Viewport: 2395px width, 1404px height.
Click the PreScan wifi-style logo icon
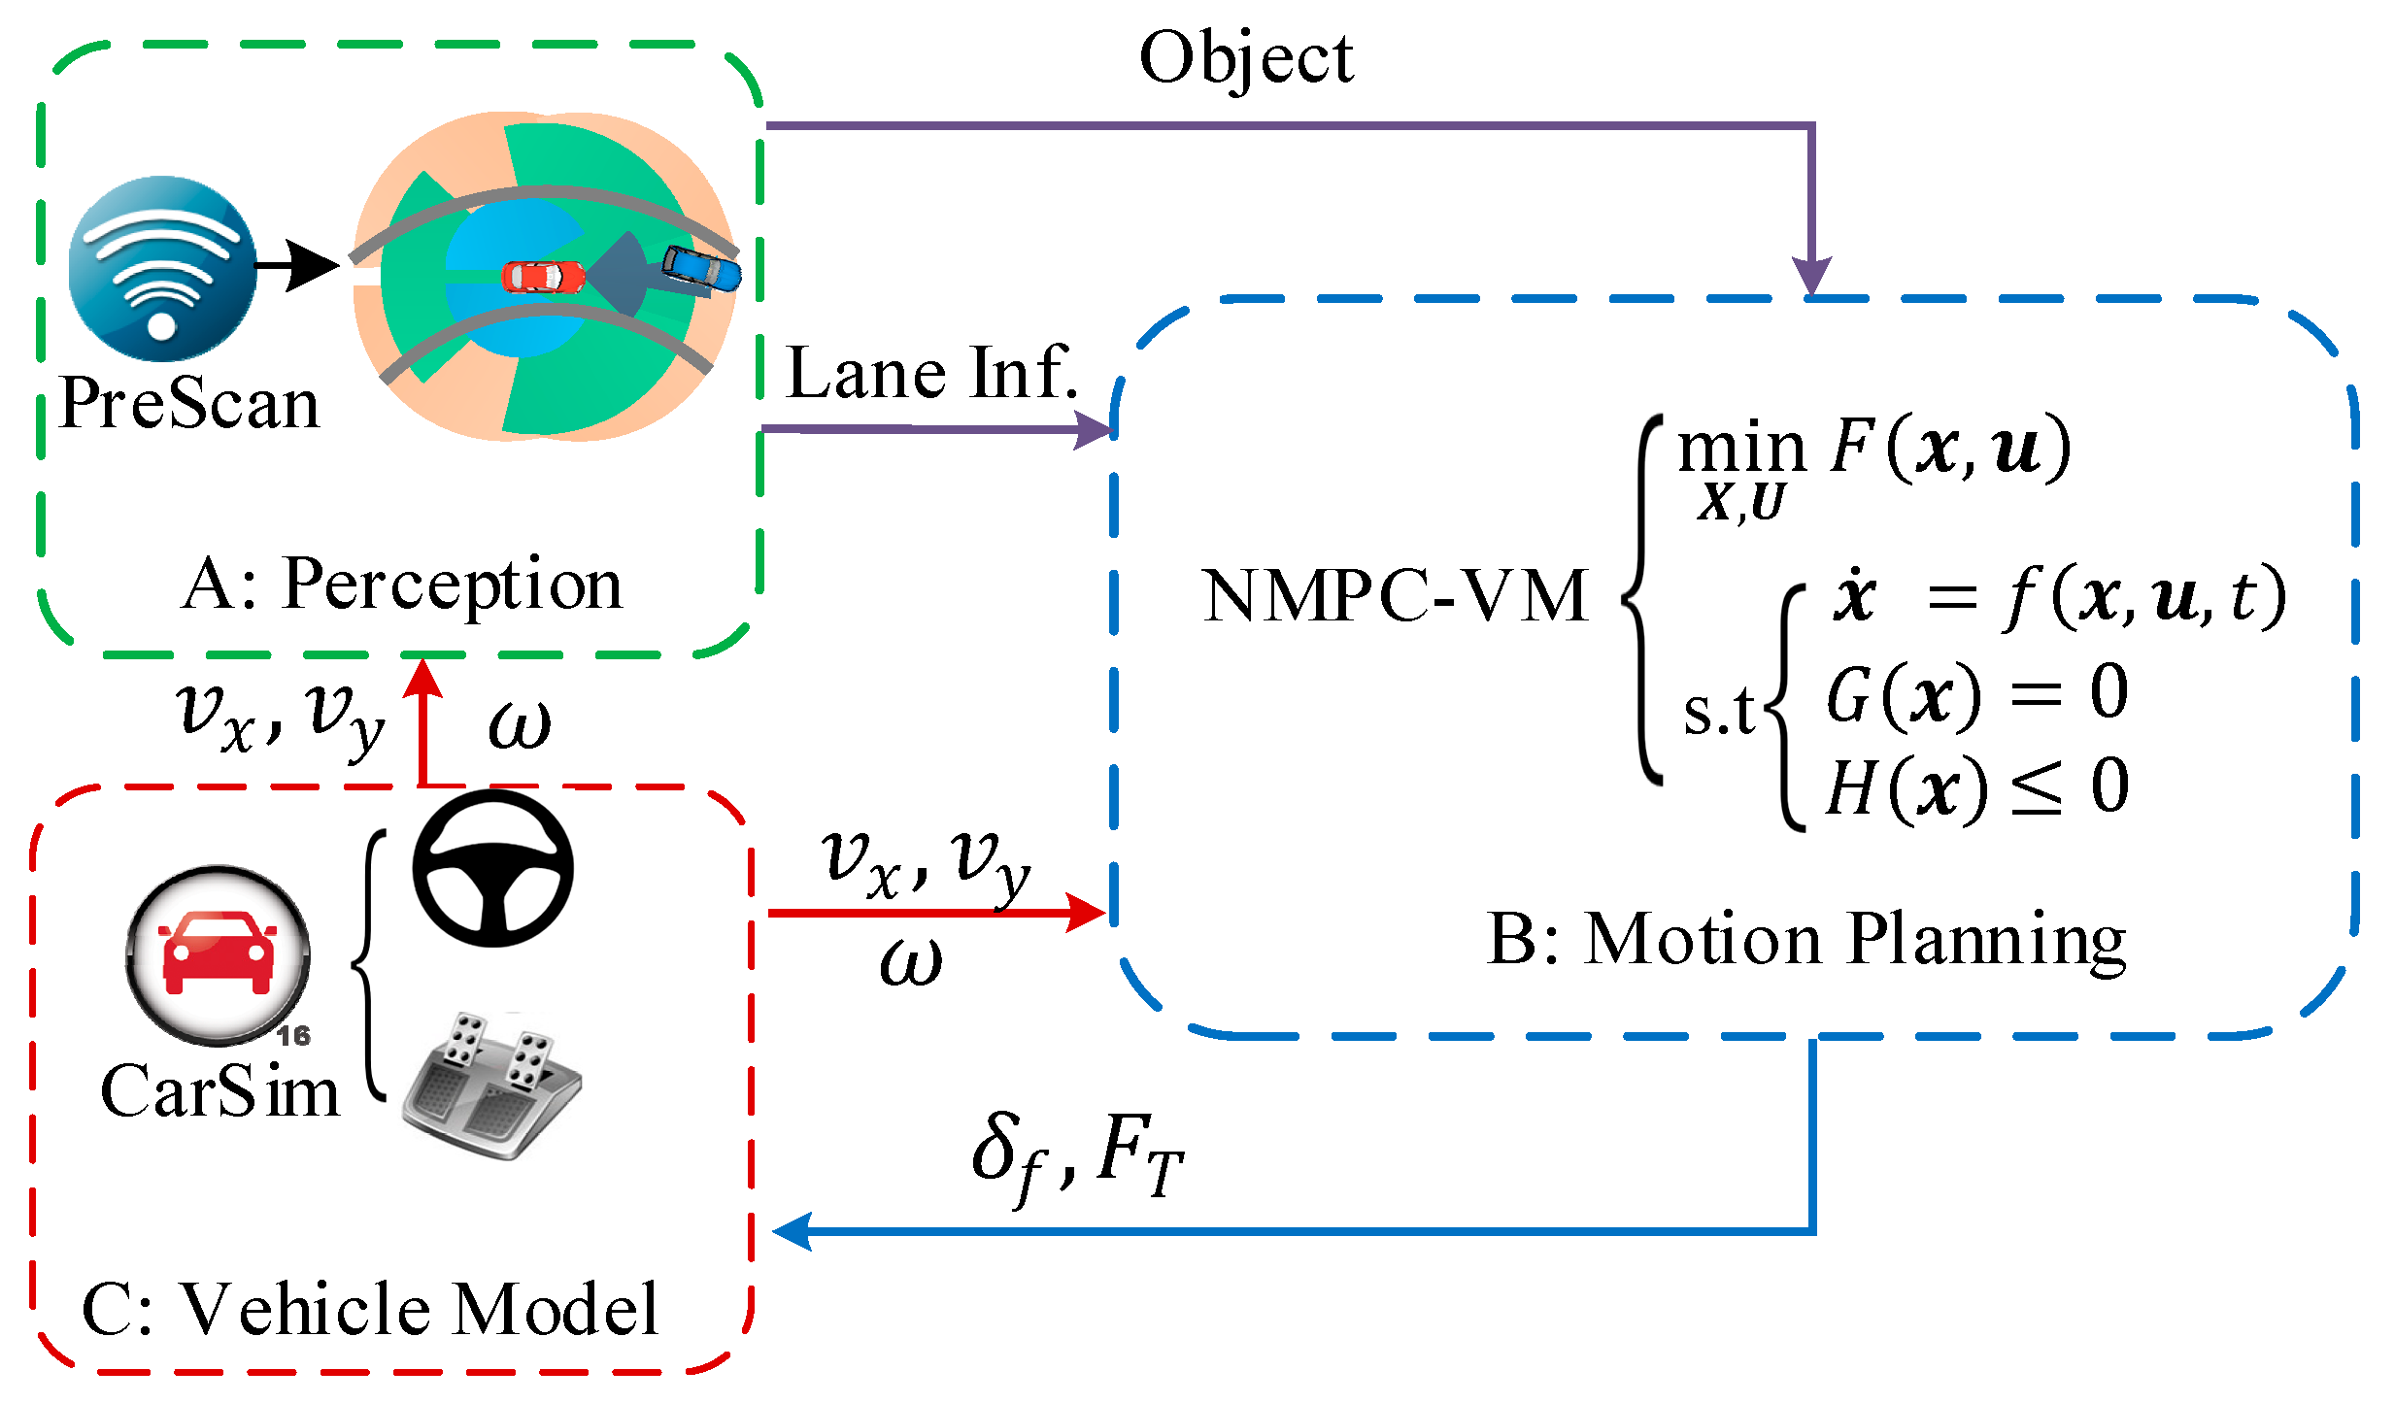pos(162,268)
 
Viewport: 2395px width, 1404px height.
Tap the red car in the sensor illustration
pos(543,277)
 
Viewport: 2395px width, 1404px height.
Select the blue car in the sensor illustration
pos(701,268)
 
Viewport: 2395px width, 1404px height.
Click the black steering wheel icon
pos(493,868)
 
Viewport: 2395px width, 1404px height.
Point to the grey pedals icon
pos(491,1086)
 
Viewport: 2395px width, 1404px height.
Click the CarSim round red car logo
pos(219,954)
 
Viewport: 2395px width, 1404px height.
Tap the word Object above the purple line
pos(1245,58)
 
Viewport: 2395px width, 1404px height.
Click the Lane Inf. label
pos(931,373)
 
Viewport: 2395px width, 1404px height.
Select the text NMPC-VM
pos(1395,595)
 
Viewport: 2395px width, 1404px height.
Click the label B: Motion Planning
pos(1805,939)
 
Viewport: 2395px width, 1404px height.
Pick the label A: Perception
pos(401,585)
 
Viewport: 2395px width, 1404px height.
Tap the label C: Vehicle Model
pos(370,1310)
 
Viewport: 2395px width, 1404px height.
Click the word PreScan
pos(189,404)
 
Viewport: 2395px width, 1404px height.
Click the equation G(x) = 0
pos(1976,694)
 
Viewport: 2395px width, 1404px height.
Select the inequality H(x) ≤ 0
pos(1976,787)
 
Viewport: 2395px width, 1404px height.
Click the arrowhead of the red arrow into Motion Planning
pos(1085,913)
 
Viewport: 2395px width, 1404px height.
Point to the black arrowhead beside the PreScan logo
pos(313,265)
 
